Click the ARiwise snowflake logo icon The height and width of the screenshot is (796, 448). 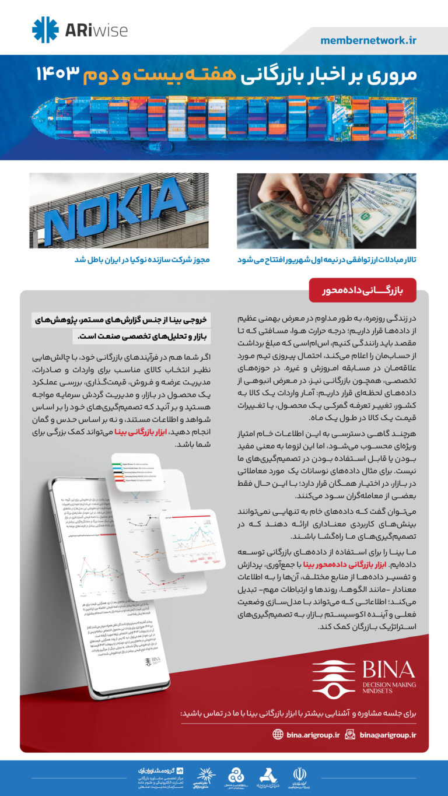[x=44, y=30]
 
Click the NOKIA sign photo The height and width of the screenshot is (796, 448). [x=119, y=211]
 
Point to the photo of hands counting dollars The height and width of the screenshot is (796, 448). [x=327, y=211]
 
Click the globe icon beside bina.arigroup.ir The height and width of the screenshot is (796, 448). [x=278, y=735]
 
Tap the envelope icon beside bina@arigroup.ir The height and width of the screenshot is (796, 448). [x=350, y=735]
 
